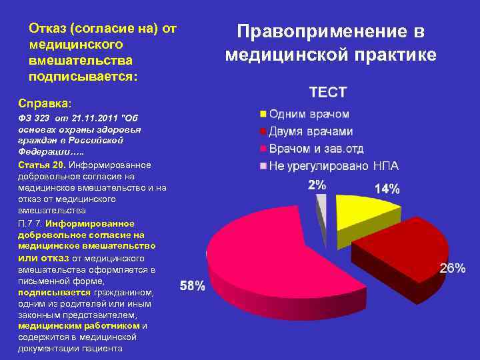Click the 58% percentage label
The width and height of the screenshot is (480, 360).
pyautogui.click(x=193, y=286)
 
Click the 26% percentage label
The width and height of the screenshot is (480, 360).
pyautogui.click(x=453, y=268)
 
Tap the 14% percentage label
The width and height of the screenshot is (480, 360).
pyautogui.click(x=387, y=189)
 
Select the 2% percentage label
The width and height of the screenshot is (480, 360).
pyautogui.click(x=317, y=184)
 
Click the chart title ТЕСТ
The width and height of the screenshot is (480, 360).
pyautogui.click(x=327, y=93)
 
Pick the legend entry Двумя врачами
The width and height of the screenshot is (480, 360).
pyautogui.click(x=311, y=131)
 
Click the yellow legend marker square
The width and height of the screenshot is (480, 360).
pyautogui.click(x=263, y=115)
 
